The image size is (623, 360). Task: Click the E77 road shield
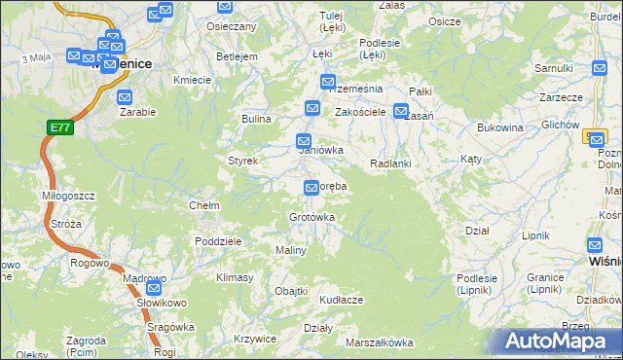(59, 127)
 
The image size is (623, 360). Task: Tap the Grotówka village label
(311, 217)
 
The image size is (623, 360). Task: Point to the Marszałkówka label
(379, 342)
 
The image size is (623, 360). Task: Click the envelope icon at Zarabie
(125, 97)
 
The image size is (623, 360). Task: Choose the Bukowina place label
(500, 127)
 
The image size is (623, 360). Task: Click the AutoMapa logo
(560, 341)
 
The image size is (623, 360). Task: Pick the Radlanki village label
(390, 163)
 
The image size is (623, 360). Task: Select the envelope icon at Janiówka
(304, 140)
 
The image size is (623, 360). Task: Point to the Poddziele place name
(217, 241)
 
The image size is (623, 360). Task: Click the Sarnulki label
(553, 68)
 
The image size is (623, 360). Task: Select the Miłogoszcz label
(68, 196)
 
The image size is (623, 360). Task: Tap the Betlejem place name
(237, 56)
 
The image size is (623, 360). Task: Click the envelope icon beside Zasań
(401, 111)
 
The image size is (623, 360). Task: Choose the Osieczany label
(232, 26)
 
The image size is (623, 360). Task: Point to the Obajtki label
(291, 291)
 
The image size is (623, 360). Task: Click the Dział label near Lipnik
(477, 231)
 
